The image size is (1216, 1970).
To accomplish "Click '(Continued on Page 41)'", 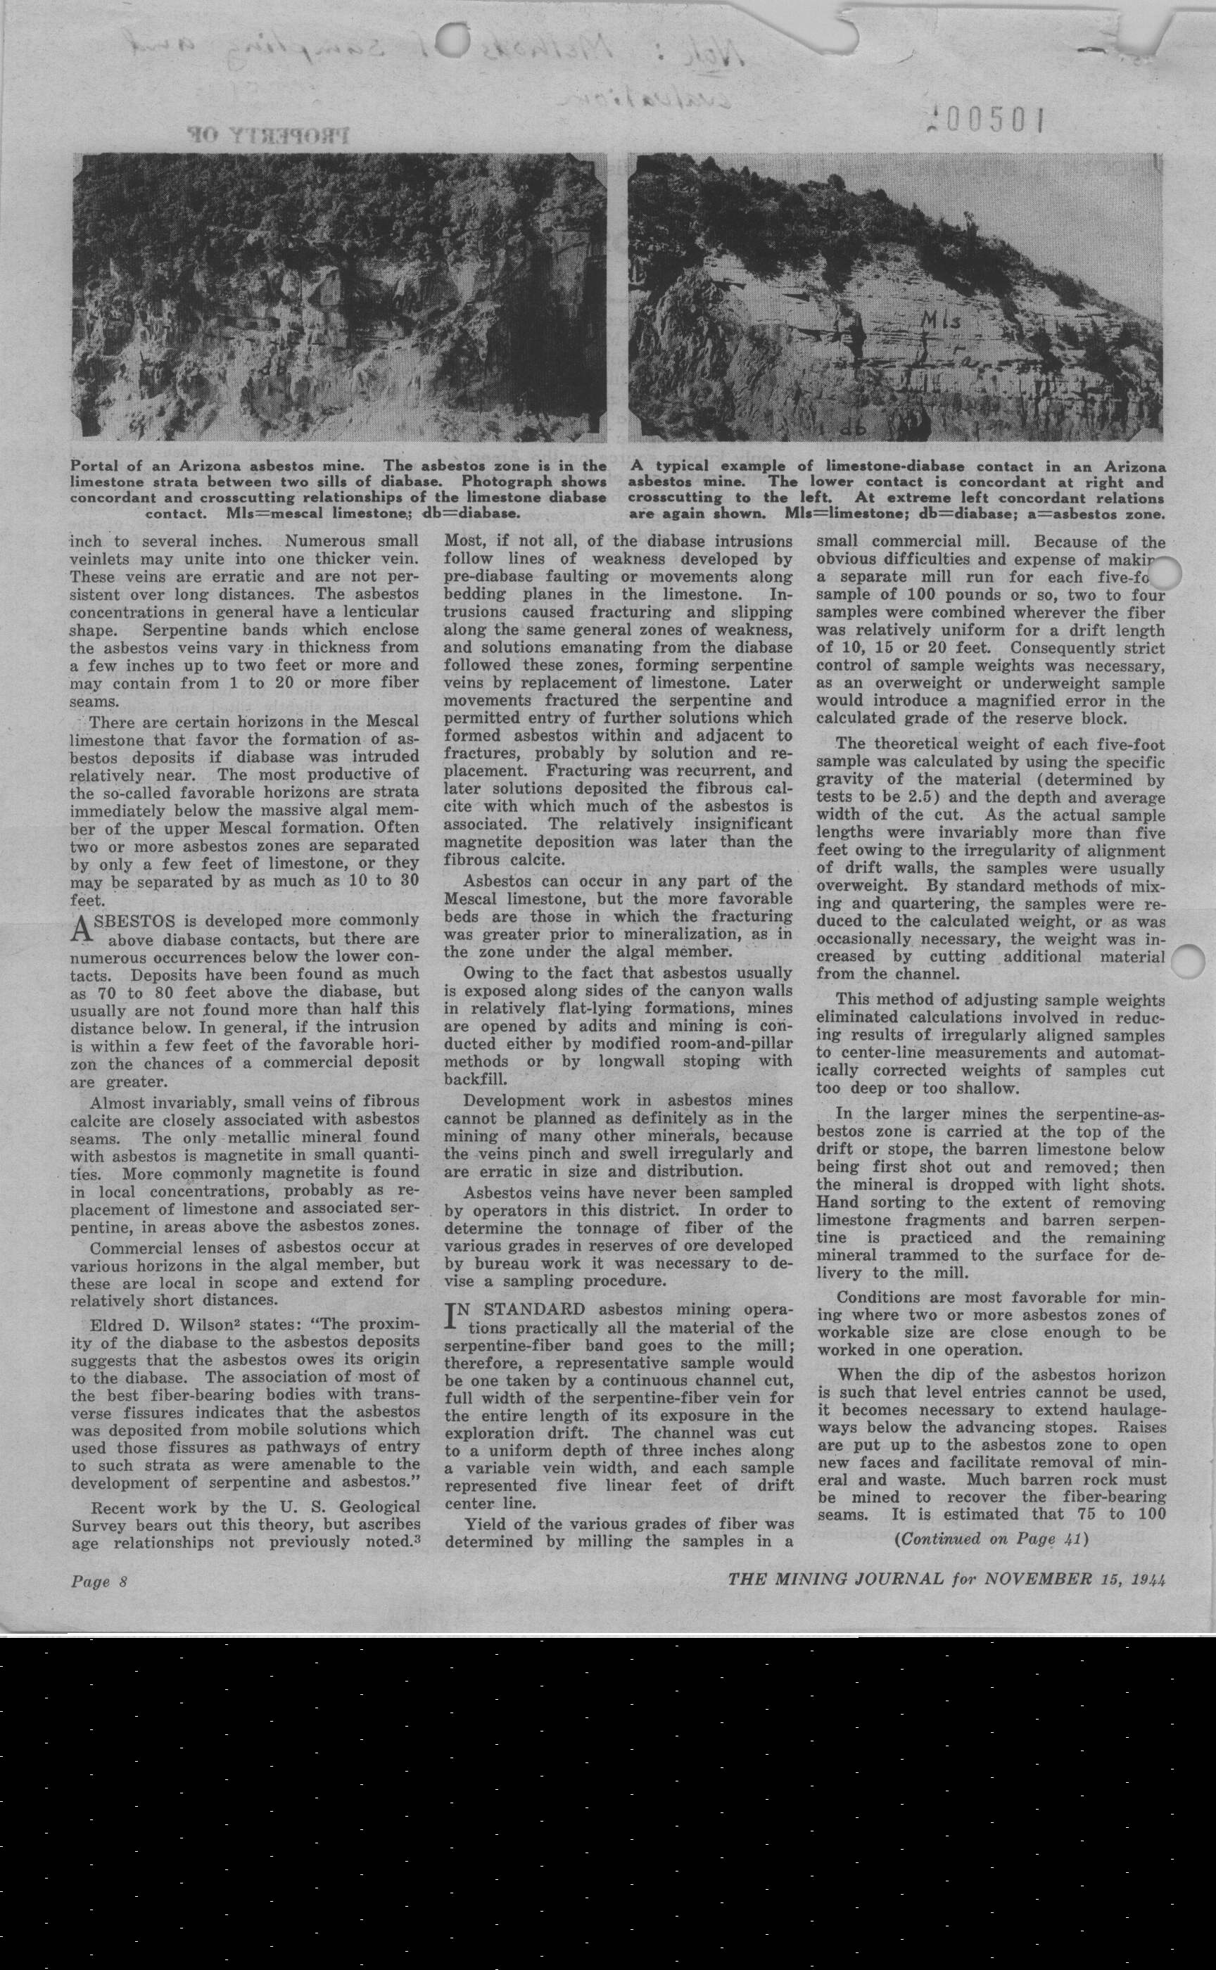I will [x=990, y=1539].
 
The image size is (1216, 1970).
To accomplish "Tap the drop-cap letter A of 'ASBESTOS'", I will [x=80, y=929].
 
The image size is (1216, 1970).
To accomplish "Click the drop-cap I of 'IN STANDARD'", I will [x=452, y=1316].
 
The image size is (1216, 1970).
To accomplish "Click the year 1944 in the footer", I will [x=1148, y=1578].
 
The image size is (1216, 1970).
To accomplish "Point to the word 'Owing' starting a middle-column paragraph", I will [x=489, y=973].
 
